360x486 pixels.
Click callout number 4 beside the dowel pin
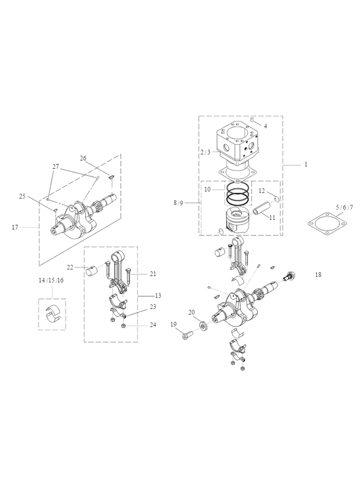[265, 126]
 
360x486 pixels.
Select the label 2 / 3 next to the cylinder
[205, 152]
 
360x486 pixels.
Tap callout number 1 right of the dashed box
[306, 165]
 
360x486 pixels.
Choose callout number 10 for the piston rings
[207, 189]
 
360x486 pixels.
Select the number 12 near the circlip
[262, 191]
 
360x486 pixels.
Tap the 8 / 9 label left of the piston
[178, 203]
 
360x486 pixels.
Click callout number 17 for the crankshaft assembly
[15, 228]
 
